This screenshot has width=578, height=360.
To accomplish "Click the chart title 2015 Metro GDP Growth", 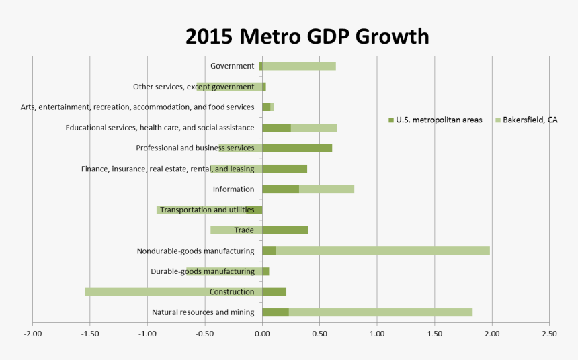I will (307, 36).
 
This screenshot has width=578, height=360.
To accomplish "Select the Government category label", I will (232, 66).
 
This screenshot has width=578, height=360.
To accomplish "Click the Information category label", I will (233, 189).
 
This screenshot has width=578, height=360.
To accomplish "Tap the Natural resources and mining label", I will (203, 312).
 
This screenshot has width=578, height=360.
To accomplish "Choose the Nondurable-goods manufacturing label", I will (196, 251).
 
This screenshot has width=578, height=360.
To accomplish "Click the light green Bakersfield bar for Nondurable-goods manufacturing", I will (383, 251).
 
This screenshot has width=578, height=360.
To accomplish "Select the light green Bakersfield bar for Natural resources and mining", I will (380, 312).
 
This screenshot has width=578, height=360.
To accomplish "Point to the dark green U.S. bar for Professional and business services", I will (297, 148).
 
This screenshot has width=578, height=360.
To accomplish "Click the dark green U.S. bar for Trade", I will (285, 230).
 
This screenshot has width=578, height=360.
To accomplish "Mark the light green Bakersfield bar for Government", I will (299, 66).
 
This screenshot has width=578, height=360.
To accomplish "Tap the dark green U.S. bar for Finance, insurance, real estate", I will (284, 169).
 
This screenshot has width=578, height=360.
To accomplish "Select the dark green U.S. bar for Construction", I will (274, 292).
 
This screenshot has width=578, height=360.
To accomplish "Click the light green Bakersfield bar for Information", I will (327, 189).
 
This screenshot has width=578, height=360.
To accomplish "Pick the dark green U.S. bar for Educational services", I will (276, 128).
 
